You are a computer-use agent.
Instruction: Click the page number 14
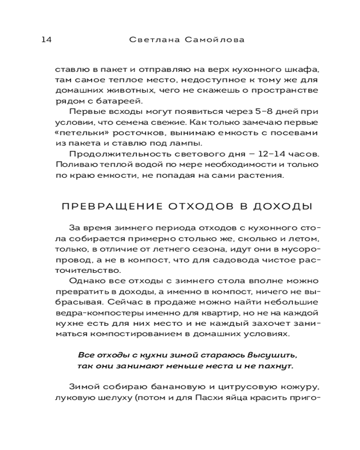(46, 40)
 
